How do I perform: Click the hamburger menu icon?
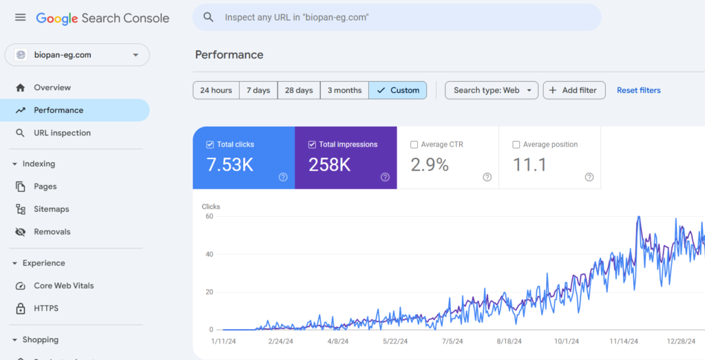coord(20,18)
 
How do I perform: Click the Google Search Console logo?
coord(103,19)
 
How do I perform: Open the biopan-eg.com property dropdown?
coord(77,55)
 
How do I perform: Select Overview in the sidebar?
coord(52,87)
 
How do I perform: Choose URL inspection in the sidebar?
coord(62,133)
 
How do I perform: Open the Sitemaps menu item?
coord(52,209)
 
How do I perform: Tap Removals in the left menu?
coord(52,232)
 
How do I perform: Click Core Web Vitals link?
coord(64,286)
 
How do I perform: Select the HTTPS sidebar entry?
coord(46,308)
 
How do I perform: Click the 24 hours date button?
coord(216,90)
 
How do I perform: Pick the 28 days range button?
coord(299,90)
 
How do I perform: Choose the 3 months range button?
coord(344,90)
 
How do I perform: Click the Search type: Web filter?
coord(492,90)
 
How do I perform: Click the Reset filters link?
coord(638,90)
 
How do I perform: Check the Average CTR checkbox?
coord(414,145)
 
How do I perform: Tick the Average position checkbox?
coord(516,145)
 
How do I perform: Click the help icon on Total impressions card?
coord(385,177)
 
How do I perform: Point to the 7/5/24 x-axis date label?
coord(452,341)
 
